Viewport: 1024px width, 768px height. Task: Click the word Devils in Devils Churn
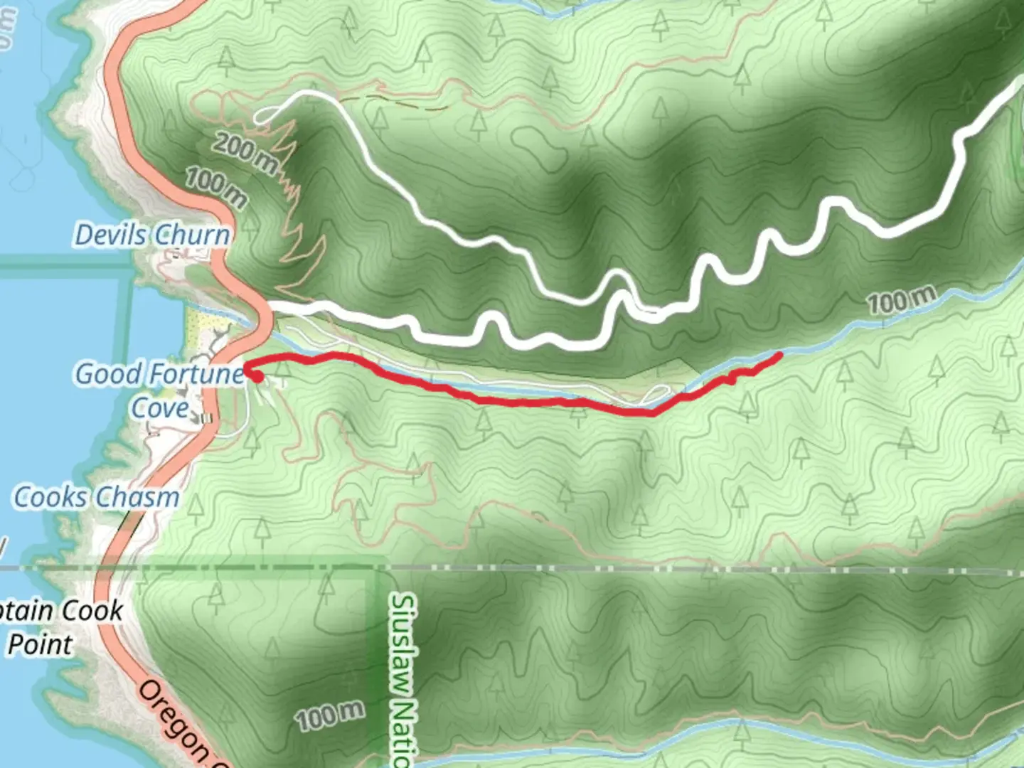tap(110, 235)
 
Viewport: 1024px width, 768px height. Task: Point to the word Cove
tap(160, 408)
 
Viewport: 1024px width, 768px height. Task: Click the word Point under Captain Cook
tap(40, 644)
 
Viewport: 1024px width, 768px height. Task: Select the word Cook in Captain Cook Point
tap(92, 611)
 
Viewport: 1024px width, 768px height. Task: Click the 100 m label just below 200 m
tap(216, 188)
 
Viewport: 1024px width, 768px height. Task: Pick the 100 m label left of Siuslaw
tap(331, 715)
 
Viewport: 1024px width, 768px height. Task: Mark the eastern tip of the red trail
tap(781, 354)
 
